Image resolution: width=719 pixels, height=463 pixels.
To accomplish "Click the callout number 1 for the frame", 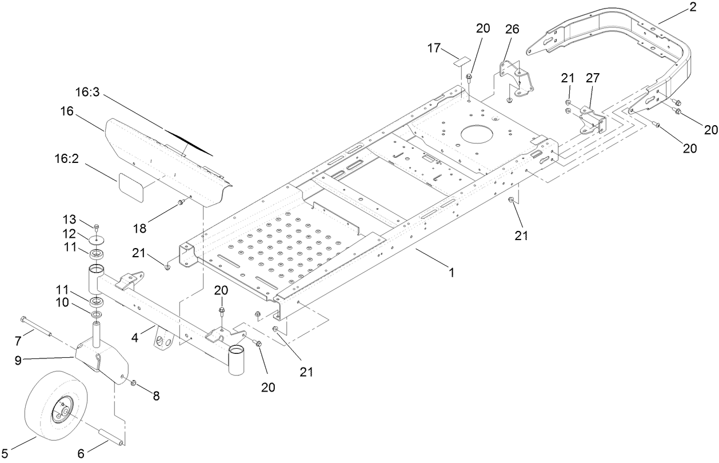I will click(x=451, y=273).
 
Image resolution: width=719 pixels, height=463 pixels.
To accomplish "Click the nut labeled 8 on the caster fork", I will click(x=133, y=382).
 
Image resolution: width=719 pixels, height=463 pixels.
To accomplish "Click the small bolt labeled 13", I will click(x=97, y=227).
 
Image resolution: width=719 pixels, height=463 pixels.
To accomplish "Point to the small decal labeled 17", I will click(x=461, y=60).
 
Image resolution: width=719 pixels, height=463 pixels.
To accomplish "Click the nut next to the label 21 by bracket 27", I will click(x=568, y=102).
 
